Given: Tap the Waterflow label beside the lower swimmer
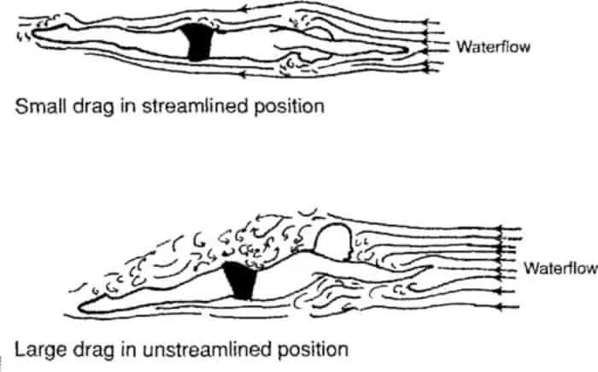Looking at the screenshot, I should pos(560,268).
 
